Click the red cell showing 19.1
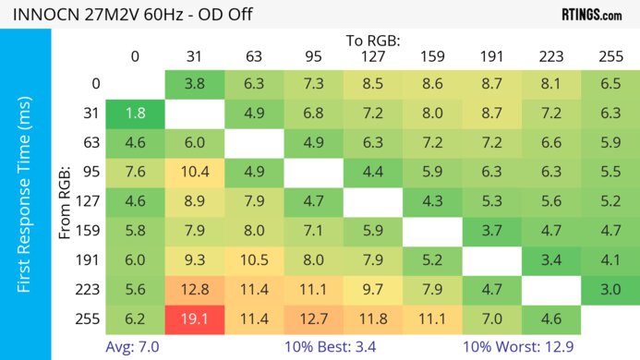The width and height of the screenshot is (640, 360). point(195,320)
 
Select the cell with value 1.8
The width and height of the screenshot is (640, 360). point(135,114)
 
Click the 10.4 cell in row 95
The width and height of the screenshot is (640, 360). point(195,173)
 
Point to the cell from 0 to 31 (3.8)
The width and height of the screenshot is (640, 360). point(195,84)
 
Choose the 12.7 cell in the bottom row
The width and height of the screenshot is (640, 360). point(314,320)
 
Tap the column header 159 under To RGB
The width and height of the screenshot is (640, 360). point(432,57)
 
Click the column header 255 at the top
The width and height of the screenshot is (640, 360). point(610,57)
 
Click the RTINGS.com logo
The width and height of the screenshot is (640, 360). point(591,15)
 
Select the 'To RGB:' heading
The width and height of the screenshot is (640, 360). point(373,41)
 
